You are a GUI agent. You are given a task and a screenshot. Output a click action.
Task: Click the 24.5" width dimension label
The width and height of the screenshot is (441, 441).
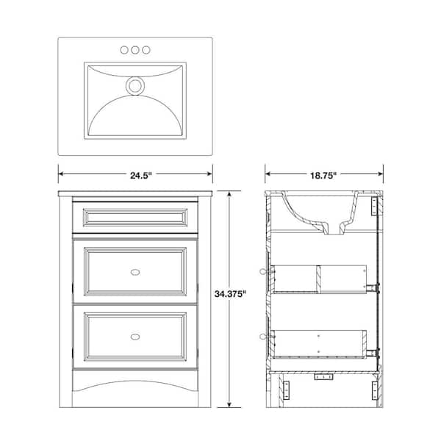click(x=135, y=175)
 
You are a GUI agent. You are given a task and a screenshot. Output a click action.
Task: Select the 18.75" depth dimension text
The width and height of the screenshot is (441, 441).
click(x=323, y=175)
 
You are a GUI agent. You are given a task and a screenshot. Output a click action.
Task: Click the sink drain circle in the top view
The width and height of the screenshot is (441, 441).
click(x=135, y=86)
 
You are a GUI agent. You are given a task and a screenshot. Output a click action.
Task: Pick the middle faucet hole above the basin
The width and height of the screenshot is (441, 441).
click(x=135, y=50)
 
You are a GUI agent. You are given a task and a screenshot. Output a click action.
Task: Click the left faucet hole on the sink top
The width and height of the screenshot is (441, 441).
click(x=124, y=50)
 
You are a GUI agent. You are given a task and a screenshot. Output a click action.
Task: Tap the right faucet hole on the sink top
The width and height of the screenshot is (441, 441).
click(x=146, y=50)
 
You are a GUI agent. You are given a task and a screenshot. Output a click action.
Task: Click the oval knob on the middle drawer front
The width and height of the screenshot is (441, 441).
click(x=135, y=270)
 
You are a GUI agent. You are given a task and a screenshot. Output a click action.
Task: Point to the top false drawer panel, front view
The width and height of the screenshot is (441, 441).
click(x=135, y=218)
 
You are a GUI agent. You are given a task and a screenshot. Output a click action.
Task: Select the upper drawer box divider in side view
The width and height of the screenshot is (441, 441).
click(x=320, y=277)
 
